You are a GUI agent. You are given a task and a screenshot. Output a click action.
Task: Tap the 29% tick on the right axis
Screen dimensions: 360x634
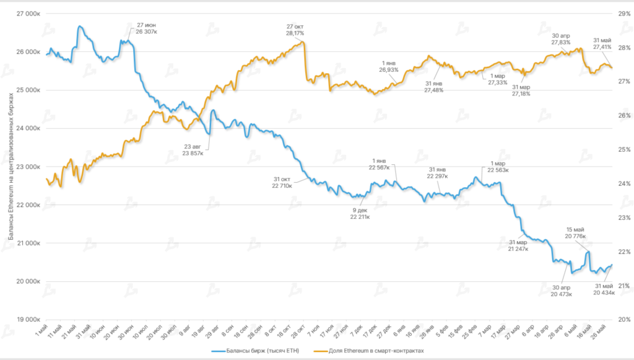pos(620,13)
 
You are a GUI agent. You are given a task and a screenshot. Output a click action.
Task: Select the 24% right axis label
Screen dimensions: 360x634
pos(620,183)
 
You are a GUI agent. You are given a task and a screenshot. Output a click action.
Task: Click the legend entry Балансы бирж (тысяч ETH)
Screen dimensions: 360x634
pos(253,351)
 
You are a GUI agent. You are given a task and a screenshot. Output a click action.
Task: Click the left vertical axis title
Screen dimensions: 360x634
pos(11,167)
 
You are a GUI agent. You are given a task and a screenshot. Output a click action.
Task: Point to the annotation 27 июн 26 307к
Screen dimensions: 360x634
pos(147,29)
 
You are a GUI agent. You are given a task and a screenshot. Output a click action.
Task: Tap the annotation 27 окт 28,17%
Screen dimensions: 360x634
pos(297,30)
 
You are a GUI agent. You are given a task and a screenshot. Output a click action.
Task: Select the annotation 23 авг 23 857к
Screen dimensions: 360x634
pos(193,149)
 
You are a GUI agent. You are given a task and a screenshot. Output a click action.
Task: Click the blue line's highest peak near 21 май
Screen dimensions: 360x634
pos(79,27)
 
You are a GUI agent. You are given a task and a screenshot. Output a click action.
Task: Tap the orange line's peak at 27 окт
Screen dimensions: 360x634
pos(303,42)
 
